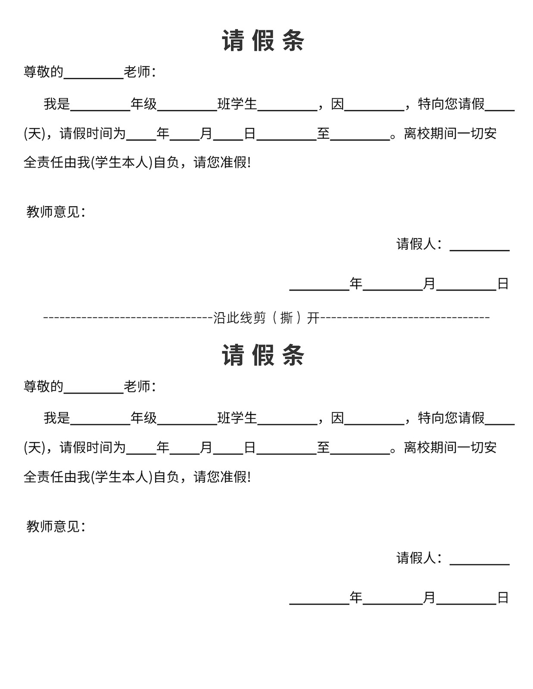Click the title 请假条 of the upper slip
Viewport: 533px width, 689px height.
tap(263, 40)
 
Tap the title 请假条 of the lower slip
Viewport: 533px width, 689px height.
tap(263, 355)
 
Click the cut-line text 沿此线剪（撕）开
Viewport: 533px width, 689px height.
tap(266, 317)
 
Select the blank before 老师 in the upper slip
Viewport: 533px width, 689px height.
tap(94, 78)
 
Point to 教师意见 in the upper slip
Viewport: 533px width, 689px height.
tap(53, 212)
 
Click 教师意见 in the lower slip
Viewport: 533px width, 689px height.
tap(53, 526)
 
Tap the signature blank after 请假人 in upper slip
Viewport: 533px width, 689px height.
tap(480, 251)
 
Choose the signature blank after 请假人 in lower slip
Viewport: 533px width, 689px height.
tap(480, 565)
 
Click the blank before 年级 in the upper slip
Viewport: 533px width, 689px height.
tap(100, 110)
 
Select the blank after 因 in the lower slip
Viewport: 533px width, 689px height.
tap(374, 424)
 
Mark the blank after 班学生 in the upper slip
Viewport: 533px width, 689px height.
tap(287, 110)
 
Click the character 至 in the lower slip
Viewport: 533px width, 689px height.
tap(323, 447)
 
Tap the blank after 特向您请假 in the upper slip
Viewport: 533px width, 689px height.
tap(500, 110)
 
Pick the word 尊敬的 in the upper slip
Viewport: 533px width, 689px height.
tap(44, 72)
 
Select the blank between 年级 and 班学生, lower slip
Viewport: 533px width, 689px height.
tap(187, 424)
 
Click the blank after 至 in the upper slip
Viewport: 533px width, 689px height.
tap(360, 140)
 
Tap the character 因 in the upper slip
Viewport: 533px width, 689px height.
tap(337, 104)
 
